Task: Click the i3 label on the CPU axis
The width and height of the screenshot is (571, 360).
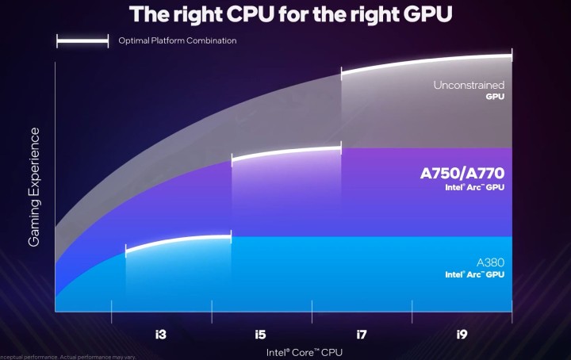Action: tap(162, 335)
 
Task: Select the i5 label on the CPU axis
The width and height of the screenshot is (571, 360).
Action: tap(261, 335)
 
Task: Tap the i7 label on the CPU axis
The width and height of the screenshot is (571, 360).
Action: tap(362, 335)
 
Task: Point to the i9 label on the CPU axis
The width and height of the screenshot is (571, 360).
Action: tap(462, 335)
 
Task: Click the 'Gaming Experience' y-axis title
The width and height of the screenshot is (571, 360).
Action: tap(34, 186)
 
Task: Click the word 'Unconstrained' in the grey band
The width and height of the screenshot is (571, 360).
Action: tap(469, 85)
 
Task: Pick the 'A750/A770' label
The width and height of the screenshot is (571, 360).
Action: tap(462, 173)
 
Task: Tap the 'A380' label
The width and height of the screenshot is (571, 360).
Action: tap(490, 262)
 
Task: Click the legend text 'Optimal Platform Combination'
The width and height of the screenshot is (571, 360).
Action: tap(177, 40)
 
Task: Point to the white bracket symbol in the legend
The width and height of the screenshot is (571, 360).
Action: tap(82, 40)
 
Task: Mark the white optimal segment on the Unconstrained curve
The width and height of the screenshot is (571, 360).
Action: tap(426, 62)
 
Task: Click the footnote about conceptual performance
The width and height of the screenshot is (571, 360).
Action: tap(68, 357)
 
